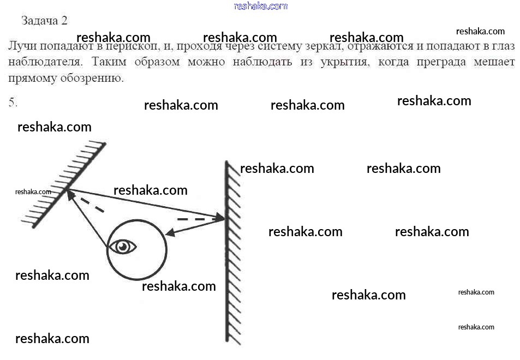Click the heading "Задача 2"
pyautogui.click(x=44, y=21)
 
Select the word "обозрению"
pyautogui.click(x=96, y=78)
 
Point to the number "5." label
pyautogui.click(x=14, y=102)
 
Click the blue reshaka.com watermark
pyautogui.click(x=260, y=6)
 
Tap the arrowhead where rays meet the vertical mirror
pyautogui.click(x=219, y=219)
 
